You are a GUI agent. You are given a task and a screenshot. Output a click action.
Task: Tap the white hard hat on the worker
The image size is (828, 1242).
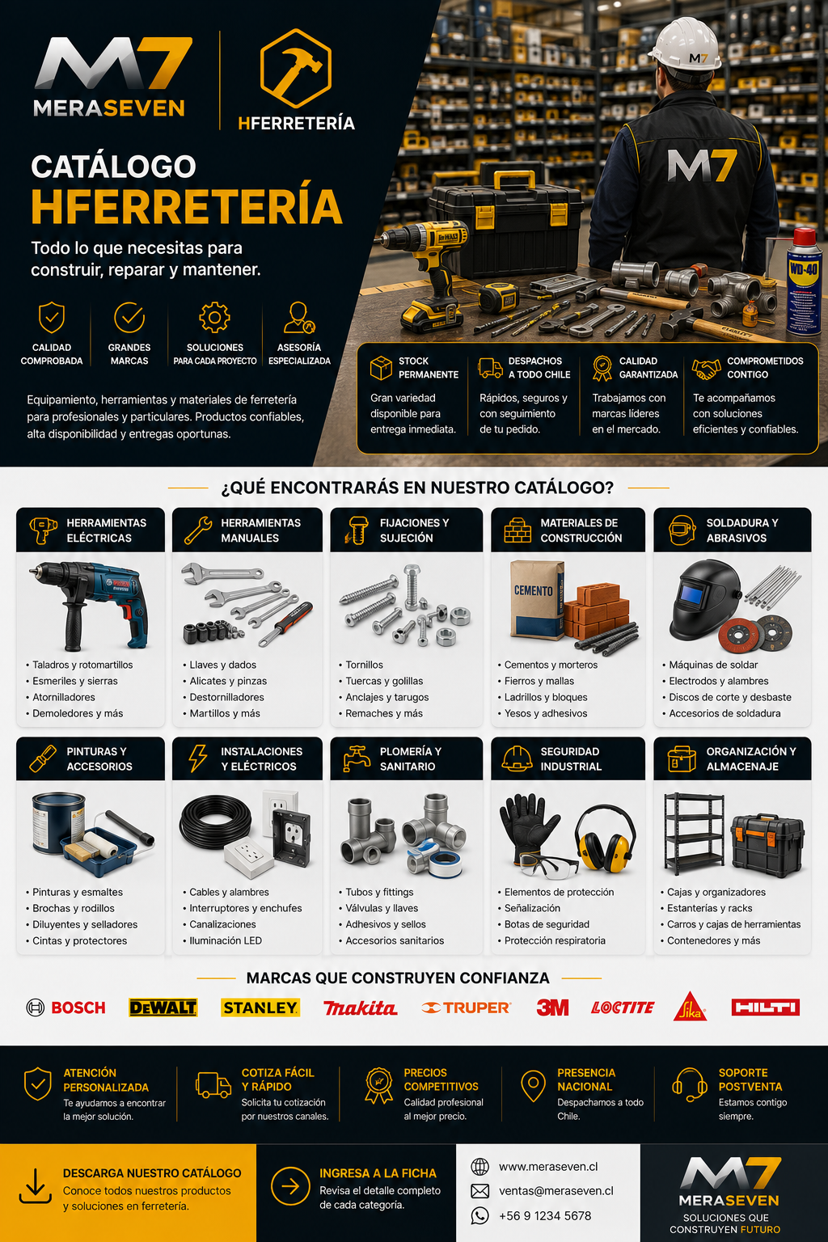pyautogui.click(x=686, y=44)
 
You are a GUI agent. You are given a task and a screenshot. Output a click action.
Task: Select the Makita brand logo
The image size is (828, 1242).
pyautogui.click(x=361, y=1008)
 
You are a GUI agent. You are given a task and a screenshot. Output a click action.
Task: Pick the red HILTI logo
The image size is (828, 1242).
pyautogui.click(x=765, y=1007)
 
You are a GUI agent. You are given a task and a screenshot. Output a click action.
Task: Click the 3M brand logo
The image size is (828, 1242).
pyautogui.click(x=552, y=1008)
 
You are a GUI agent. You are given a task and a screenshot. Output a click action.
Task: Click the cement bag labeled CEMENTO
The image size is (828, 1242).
pyautogui.click(x=537, y=600)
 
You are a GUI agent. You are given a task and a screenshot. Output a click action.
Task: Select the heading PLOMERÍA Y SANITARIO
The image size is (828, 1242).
pyautogui.click(x=410, y=758)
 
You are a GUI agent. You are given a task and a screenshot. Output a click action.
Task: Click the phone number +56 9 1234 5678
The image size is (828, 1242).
pyautogui.click(x=545, y=1215)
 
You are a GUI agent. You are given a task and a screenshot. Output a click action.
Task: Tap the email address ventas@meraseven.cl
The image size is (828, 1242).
pyautogui.click(x=556, y=1190)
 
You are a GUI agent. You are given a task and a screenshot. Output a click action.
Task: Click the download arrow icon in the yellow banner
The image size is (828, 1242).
pyautogui.click(x=36, y=1186)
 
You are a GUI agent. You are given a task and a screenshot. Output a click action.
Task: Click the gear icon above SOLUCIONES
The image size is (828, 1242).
pyautogui.click(x=214, y=318)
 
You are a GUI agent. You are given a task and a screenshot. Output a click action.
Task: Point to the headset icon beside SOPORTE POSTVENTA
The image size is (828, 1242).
pyautogui.click(x=690, y=1084)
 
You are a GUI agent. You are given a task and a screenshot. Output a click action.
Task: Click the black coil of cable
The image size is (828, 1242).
pyautogui.click(x=215, y=822)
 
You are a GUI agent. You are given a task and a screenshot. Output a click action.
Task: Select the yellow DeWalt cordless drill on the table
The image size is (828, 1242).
pyautogui.click(x=427, y=272)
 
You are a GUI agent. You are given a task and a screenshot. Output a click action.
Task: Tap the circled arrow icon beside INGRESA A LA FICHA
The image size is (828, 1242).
pyautogui.click(x=290, y=1186)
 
